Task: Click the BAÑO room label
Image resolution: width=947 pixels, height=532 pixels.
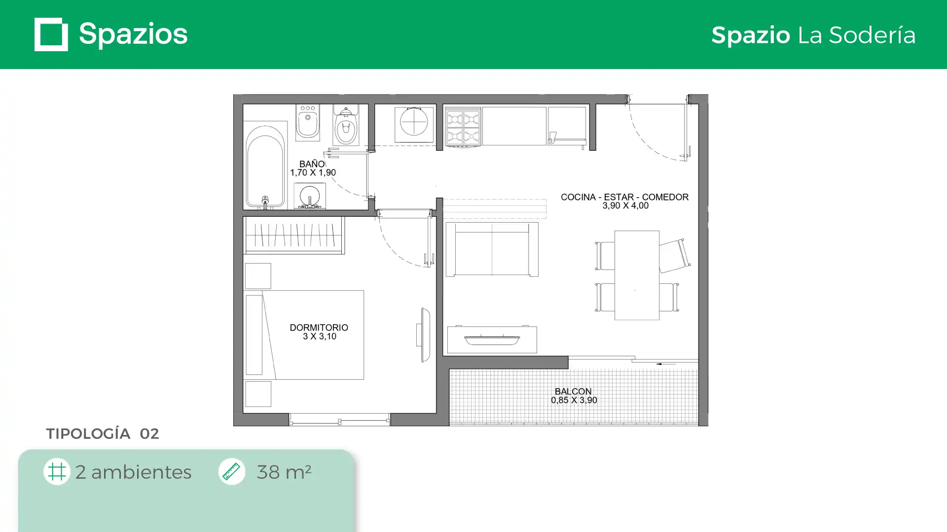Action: coord(312,164)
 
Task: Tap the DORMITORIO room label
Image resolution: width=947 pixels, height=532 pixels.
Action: coord(319,328)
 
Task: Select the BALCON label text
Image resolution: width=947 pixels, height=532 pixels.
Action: coord(573,392)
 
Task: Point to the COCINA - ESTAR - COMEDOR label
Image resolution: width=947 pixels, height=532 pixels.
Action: coord(624,197)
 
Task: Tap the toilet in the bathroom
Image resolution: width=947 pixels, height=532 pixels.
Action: coord(346,125)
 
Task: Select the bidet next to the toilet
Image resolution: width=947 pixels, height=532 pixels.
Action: coord(308,122)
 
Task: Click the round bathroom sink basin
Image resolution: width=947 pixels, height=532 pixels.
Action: coord(310,195)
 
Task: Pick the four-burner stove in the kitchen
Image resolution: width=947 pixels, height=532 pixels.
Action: coord(463,127)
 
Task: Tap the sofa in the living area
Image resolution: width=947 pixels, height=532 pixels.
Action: coord(492,249)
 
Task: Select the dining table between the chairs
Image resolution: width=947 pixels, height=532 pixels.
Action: coord(637,275)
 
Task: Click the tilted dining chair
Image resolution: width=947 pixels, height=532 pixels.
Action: coord(674,255)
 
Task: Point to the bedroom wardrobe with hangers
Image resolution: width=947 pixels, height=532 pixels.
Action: coord(294,235)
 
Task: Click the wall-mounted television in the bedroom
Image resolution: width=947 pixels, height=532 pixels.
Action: coord(424,334)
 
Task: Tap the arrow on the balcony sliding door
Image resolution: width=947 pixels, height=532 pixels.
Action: coord(666,364)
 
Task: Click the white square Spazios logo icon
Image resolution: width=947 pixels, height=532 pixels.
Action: coord(51,34)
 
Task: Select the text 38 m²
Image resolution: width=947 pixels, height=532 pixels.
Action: coord(284,472)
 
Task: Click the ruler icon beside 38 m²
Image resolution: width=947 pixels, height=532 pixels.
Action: coord(231,471)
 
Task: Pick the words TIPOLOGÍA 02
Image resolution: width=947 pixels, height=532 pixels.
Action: coord(103,433)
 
